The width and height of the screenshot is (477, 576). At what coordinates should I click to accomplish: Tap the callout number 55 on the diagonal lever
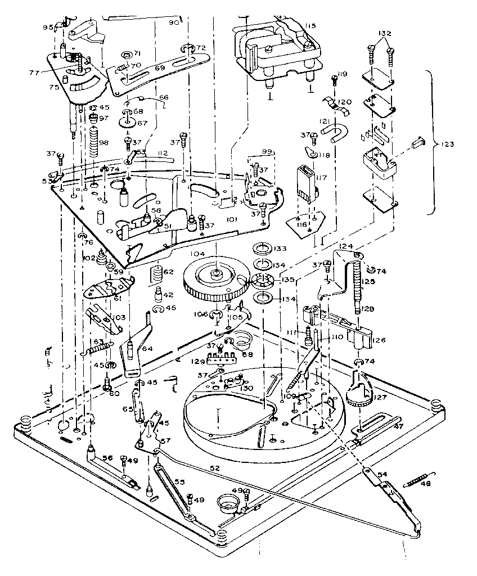179,481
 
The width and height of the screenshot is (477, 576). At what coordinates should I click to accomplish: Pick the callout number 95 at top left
49,27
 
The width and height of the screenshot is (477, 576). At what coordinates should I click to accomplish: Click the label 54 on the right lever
382,474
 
